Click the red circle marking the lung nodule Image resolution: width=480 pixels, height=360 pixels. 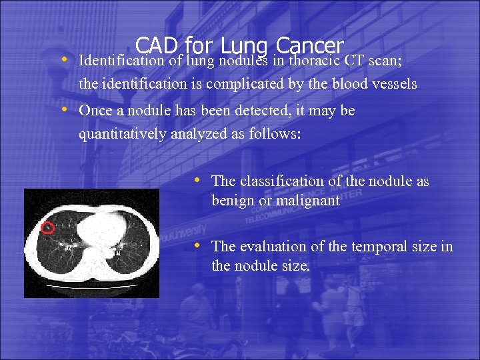tap(47, 229)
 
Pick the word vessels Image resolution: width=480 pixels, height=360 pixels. tap(393, 85)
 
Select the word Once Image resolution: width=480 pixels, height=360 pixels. tap(94, 111)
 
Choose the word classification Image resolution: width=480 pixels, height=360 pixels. tap(281, 181)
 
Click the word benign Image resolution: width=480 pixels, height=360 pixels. tap(231, 200)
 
